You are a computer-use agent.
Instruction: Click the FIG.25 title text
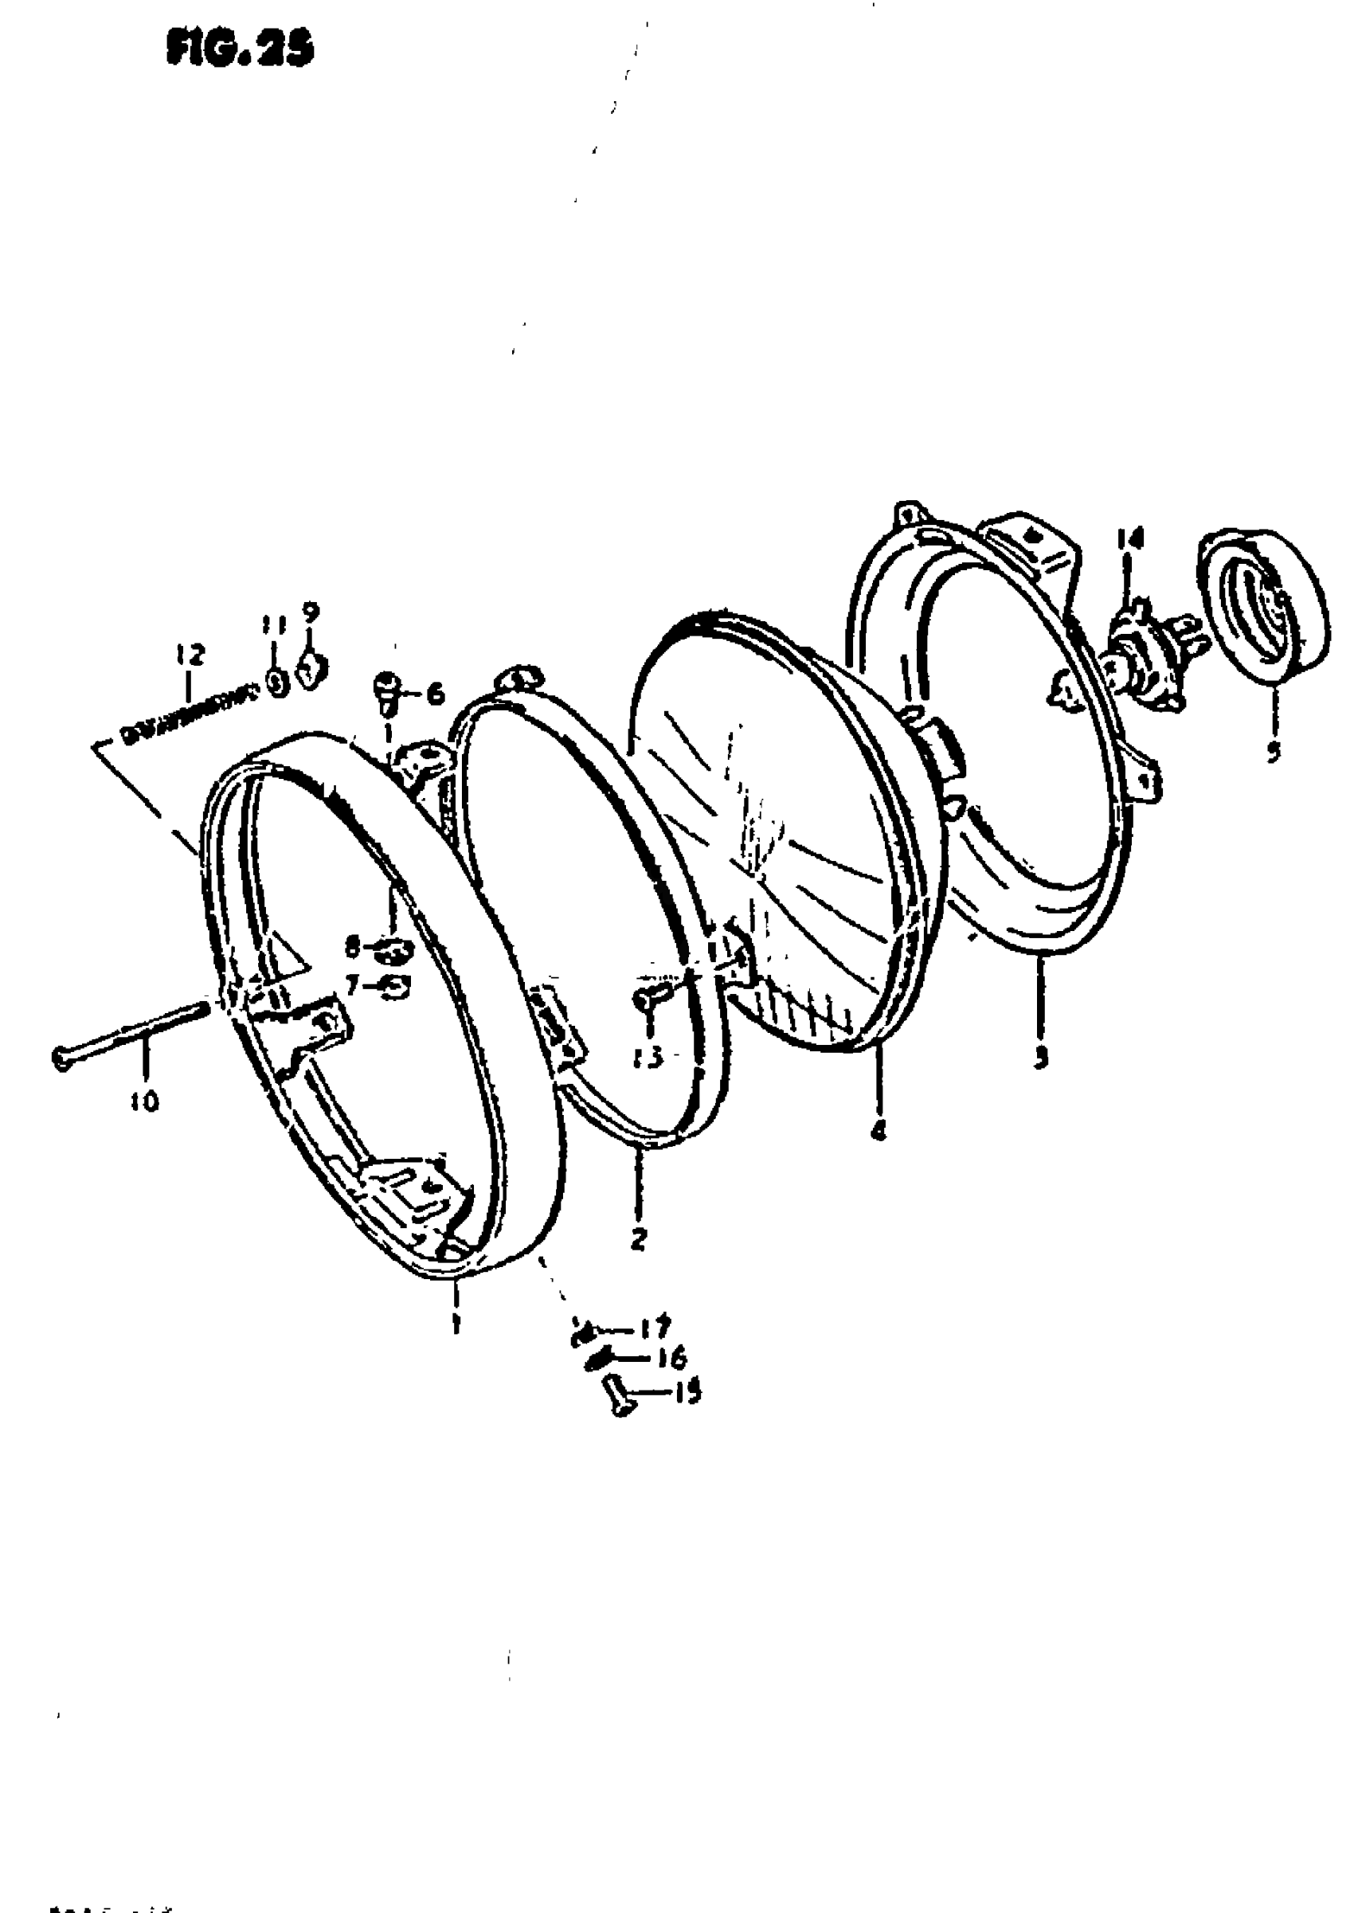(x=240, y=50)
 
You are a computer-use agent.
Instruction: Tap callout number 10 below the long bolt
(x=144, y=1102)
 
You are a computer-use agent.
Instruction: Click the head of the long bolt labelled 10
(x=61, y=1058)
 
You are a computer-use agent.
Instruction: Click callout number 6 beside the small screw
(x=435, y=694)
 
